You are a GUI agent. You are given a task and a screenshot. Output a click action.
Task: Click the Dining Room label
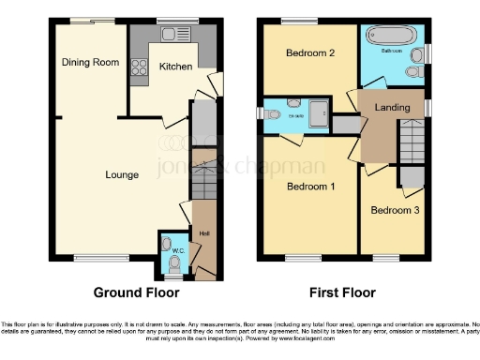(x=90, y=62)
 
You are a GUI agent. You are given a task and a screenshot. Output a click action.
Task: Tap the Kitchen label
(x=175, y=67)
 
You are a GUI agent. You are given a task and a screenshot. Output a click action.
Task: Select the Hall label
(x=203, y=232)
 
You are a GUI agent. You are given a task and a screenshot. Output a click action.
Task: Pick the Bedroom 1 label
(x=309, y=187)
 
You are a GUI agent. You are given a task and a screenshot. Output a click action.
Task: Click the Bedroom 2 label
(x=309, y=53)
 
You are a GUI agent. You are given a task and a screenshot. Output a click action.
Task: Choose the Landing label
(x=391, y=108)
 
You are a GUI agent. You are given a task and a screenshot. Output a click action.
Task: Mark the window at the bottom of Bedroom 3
(x=385, y=256)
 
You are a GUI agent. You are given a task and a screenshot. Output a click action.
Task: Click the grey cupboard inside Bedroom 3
(x=411, y=176)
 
